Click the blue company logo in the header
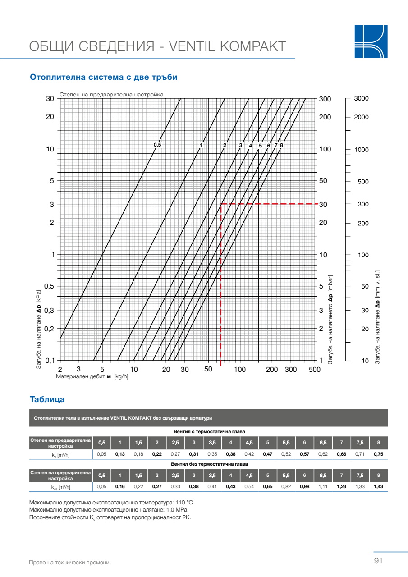[371, 41]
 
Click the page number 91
[378, 561]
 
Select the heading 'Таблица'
[47, 399]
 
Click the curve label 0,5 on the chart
[157, 145]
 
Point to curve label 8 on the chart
[281, 145]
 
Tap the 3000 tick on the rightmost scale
[362, 99]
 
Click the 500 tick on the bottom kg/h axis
[314, 370]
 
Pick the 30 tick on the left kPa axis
[50, 99]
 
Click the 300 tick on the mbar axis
[325, 99]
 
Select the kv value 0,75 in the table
[378, 454]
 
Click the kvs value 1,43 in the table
[378, 487]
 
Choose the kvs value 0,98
[304, 487]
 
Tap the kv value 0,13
[120, 454]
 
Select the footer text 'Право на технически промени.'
[69, 563]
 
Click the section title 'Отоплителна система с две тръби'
[103, 77]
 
